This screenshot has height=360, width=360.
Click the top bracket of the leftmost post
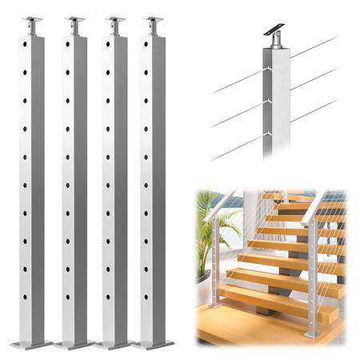[x=33, y=23]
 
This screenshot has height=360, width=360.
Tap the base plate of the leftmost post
[x=32, y=345]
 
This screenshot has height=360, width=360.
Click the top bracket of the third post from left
[x=115, y=23]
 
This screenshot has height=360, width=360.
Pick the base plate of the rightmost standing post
[x=154, y=345]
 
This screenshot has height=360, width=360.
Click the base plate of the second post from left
[x=74, y=345]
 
